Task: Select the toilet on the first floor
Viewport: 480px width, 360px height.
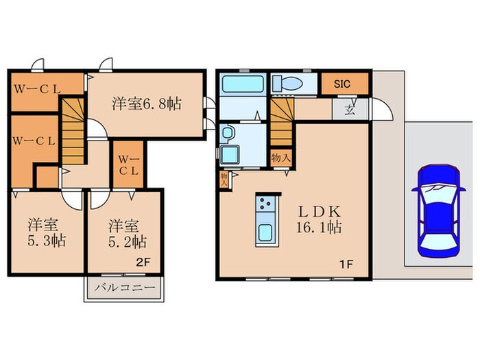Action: tap(287, 84)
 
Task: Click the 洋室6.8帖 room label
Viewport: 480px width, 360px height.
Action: tap(147, 104)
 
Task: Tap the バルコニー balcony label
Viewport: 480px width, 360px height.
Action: tap(124, 288)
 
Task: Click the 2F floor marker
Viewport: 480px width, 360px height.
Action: tap(143, 261)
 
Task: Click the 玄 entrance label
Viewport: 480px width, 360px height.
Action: tap(350, 109)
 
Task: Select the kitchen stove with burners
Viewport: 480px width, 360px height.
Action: tap(265, 204)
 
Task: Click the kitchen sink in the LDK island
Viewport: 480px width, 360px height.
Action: tap(265, 232)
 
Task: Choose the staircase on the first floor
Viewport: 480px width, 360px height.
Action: tap(281, 121)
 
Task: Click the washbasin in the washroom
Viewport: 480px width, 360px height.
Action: tap(228, 136)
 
